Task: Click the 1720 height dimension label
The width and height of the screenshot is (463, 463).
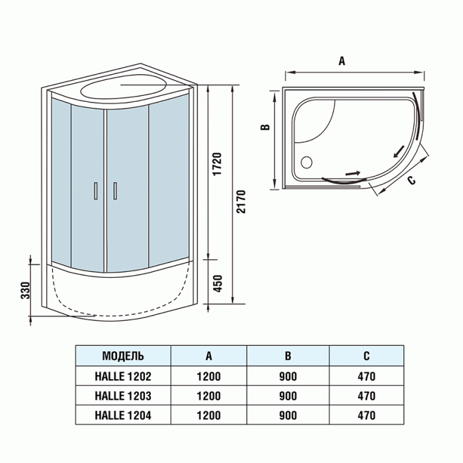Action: tap(217, 164)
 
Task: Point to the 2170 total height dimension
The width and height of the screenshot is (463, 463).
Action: tap(241, 202)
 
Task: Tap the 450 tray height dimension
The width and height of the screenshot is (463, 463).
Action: tap(218, 284)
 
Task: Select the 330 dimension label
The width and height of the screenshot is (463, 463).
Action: tap(25, 290)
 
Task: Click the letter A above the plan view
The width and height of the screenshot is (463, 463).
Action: tap(342, 61)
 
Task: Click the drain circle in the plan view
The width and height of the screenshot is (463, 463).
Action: tap(306, 162)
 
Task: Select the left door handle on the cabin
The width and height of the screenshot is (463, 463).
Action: tap(96, 190)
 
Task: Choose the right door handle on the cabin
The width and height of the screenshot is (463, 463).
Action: tap(115, 190)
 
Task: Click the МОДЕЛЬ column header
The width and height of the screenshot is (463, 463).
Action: tap(123, 356)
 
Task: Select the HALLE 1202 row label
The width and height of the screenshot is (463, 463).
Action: tap(123, 376)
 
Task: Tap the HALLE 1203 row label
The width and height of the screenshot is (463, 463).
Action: tap(123, 396)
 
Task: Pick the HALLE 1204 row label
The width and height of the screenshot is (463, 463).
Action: tap(123, 415)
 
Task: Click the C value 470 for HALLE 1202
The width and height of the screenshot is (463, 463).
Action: tap(366, 376)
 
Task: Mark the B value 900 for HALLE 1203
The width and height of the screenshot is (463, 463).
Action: tap(288, 396)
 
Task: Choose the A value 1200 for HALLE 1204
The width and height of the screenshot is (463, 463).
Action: tap(209, 415)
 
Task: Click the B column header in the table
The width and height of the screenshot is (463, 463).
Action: tap(288, 356)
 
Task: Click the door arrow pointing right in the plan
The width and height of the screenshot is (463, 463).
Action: tap(353, 173)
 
